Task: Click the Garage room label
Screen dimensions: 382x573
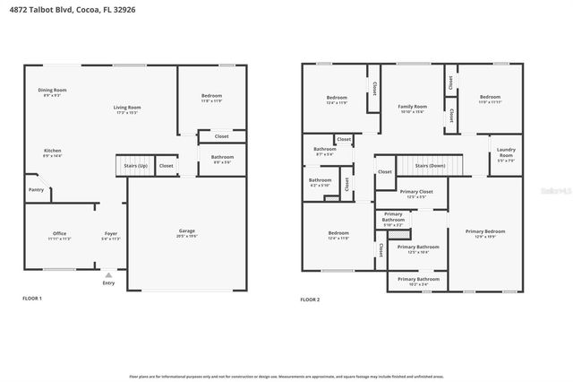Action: point(186,231)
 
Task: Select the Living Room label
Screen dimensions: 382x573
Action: point(127,108)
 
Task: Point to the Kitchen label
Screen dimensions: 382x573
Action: point(54,151)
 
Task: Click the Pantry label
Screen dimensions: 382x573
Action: point(36,189)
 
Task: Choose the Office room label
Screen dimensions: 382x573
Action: point(59,235)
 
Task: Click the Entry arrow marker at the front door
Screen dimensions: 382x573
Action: point(108,274)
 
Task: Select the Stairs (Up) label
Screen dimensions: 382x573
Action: point(130,166)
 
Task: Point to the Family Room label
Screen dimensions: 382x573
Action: point(412,107)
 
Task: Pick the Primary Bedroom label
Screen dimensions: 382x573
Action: point(485,231)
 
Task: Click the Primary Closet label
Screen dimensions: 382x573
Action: point(416,191)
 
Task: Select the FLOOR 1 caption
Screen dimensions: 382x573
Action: point(31,298)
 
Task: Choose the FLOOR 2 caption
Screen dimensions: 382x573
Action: point(310,298)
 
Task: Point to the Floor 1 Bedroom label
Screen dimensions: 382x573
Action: point(211,96)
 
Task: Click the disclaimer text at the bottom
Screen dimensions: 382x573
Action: point(286,377)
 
